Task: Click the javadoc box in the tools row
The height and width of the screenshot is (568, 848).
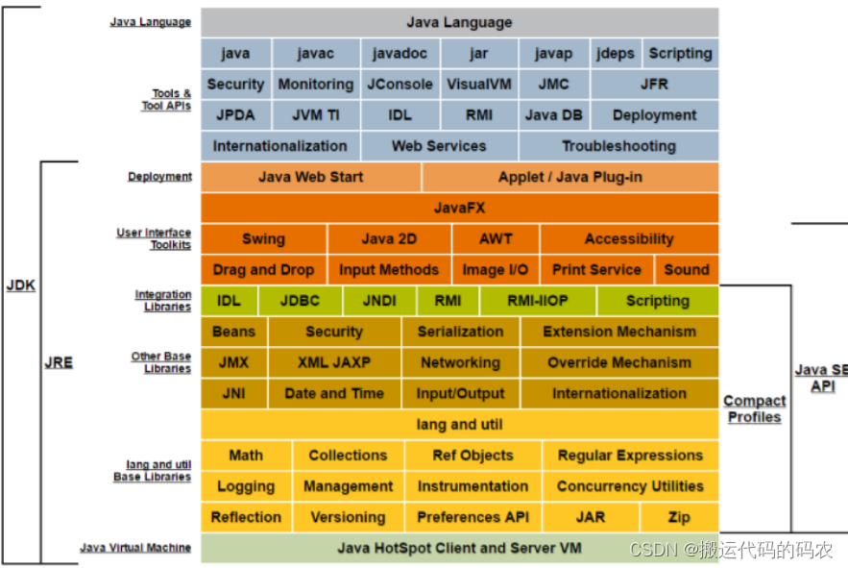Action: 400,54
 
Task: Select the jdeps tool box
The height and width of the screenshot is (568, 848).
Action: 615,54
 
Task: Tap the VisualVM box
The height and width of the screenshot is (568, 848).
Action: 480,85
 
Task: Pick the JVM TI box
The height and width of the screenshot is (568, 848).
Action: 316,115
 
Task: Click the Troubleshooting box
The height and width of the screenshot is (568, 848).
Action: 618,146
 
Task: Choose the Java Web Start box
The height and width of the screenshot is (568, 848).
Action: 311,177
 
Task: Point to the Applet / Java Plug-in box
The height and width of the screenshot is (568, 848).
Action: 570,177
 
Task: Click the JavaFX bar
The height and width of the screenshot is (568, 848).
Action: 459,208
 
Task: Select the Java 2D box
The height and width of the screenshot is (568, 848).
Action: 389,239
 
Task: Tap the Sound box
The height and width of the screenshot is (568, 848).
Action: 686,270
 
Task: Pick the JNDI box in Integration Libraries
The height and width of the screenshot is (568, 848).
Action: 379,301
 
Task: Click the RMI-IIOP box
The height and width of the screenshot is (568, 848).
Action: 538,301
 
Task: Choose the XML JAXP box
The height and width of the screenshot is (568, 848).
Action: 334,362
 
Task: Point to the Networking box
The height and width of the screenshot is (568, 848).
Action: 460,362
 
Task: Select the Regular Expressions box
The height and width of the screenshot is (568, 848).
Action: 630,456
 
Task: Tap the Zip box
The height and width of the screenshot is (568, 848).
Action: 679,517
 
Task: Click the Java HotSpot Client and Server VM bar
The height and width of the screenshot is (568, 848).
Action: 459,549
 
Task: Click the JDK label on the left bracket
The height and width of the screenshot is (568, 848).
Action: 21,285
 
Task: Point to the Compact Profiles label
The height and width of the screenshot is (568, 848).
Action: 754,408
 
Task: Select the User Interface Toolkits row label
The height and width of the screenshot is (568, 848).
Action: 155,238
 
